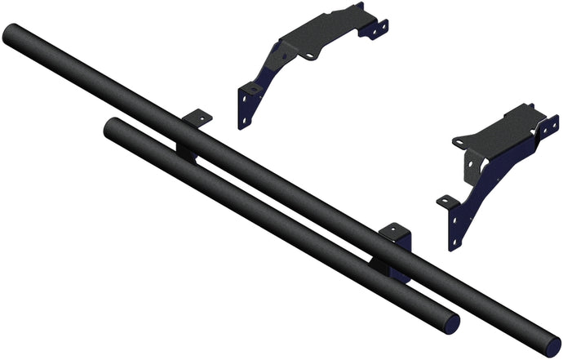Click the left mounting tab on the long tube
point(196,118)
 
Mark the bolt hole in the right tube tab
point(394,229)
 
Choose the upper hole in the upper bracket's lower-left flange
point(242,97)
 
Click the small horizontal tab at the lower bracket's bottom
point(446,201)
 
